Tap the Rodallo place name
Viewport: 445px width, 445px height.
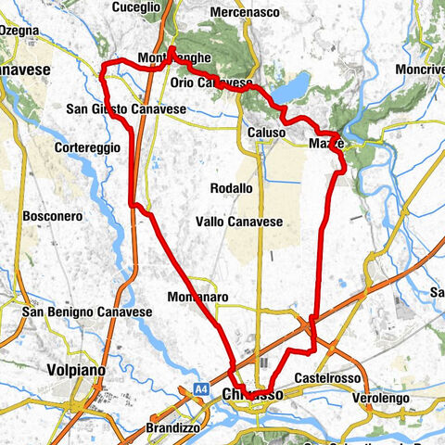coord(231,187)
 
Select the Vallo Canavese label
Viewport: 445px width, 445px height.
coord(238,222)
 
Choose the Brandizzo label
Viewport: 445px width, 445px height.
coord(172,428)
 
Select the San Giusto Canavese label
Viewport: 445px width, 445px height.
coord(126,109)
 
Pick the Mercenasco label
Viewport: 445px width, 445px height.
coord(245,12)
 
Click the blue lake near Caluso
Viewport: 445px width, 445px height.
coord(293,87)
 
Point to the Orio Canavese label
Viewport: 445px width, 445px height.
coord(213,82)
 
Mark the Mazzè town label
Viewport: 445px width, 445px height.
coord(326,144)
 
